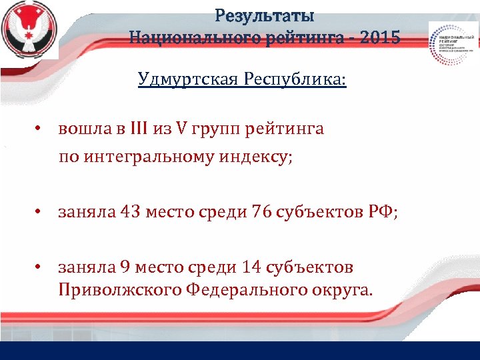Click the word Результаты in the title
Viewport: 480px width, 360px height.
[265, 15]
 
